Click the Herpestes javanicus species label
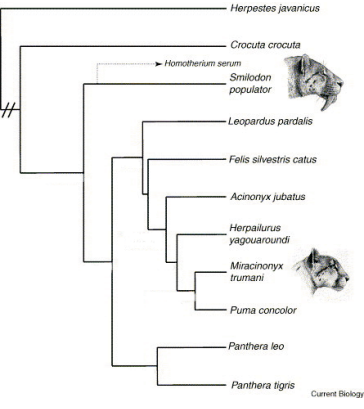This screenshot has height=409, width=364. (x=275, y=8)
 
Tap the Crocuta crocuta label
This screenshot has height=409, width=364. (x=265, y=45)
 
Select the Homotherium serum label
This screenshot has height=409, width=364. (x=203, y=63)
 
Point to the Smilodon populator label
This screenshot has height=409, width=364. (x=250, y=84)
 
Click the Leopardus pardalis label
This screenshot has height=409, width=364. (x=270, y=121)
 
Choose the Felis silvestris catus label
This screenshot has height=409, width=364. (x=273, y=159)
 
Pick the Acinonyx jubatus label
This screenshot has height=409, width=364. (x=268, y=197)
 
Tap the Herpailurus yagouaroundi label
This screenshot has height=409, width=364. (x=259, y=234)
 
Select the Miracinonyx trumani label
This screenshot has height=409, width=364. (x=256, y=272)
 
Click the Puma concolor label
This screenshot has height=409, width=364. (x=263, y=310)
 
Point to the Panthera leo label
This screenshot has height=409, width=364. (x=256, y=346)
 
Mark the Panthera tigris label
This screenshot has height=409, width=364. (x=263, y=385)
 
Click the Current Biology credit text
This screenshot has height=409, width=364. (x=337, y=394)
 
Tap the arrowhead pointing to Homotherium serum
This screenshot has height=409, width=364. (x=159, y=64)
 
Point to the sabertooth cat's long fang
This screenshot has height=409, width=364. (x=326, y=103)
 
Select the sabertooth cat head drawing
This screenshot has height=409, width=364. (x=314, y=82)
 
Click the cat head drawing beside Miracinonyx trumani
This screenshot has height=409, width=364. (x=321, y=272)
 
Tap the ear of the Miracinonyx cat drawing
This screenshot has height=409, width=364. (x=313, y=257)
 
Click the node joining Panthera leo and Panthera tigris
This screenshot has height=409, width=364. (x=157, y=366)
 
